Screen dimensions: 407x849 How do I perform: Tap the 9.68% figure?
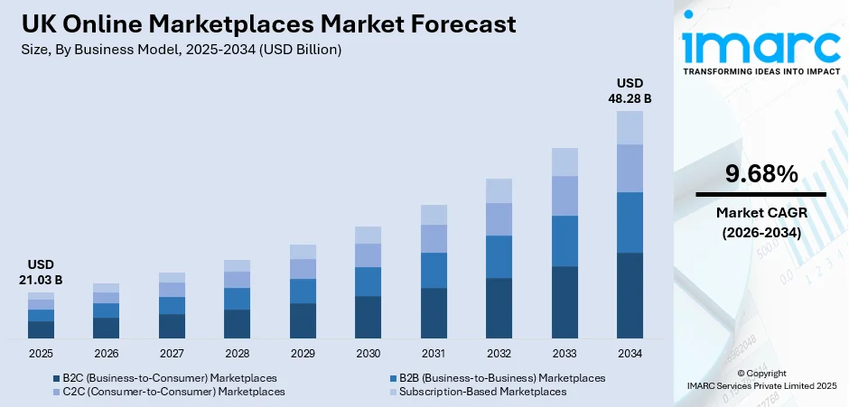(x=760, y=173)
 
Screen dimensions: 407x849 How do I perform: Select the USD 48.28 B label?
(x=630, y=90)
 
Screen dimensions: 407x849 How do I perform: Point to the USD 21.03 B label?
(x=41, y=272)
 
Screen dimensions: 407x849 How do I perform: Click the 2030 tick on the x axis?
(x=368, y=353)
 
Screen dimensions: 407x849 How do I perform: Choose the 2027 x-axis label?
(x=172, y=353)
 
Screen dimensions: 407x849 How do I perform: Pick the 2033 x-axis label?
(x=564, y=353)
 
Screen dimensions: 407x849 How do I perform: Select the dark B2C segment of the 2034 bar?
(x=630, y=295)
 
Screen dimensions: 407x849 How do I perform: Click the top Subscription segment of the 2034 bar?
(x=630, y=127)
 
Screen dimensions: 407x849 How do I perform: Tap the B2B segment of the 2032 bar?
(x=499, y=256)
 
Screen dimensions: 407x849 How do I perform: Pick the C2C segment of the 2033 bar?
(x=564, y=195)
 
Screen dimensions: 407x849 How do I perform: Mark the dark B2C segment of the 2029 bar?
(x=303, y=320)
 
